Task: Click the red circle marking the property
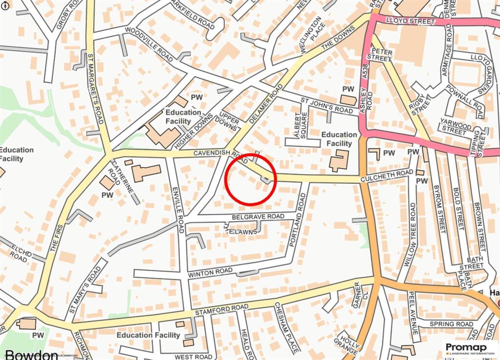point(250,179)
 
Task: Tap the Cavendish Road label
point(217,153)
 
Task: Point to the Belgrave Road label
point(258,216)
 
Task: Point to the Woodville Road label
point(149,44)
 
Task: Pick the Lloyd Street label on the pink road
point(410,21)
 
